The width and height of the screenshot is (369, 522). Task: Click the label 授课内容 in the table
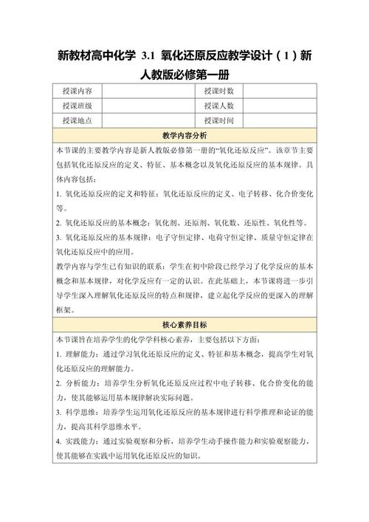point(77,90)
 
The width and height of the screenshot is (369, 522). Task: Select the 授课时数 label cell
point(219,90)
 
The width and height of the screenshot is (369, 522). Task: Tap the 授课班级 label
point(77,106)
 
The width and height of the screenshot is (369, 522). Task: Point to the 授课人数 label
point(219,106)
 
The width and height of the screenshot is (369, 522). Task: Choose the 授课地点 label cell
point(77,120)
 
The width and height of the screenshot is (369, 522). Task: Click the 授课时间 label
point(219,120)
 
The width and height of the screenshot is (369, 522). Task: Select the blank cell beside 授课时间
point(281,120)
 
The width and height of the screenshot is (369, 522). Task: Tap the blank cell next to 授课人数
point(281,106)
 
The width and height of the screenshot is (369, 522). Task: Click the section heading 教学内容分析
point(184,135)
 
